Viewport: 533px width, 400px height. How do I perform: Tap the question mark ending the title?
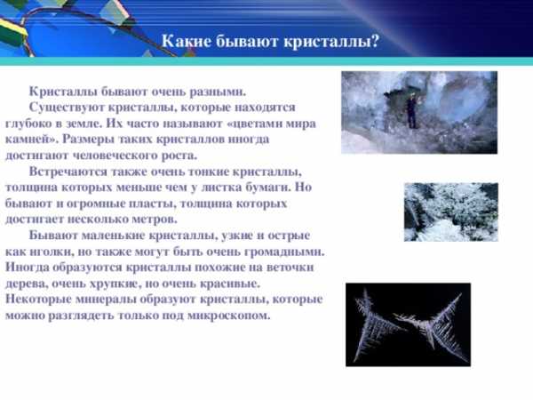(375, 42)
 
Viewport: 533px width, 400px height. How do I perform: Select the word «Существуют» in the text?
(67, 108)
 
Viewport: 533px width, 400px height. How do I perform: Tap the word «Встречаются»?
(68, 172)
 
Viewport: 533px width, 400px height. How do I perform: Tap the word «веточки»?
(290, 268)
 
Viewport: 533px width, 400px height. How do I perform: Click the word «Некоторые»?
(38, 300)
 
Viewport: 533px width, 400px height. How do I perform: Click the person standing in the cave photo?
(411, 110)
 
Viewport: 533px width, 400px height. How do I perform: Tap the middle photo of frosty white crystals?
(451, 212)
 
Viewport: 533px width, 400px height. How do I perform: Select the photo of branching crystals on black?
(408, 324)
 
